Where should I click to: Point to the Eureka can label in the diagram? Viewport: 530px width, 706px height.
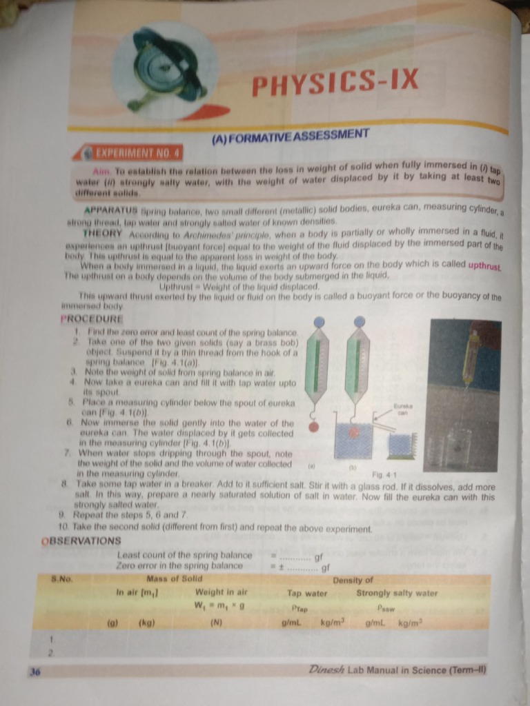402,410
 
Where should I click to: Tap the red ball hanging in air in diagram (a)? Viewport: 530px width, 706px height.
314,427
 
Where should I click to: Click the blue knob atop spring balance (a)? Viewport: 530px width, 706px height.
319,322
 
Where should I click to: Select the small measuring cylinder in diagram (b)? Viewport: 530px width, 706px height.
400,446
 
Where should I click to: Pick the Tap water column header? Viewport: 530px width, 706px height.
307,593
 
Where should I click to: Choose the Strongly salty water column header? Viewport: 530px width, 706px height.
397,593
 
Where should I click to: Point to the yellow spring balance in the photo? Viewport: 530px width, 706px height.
471,355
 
